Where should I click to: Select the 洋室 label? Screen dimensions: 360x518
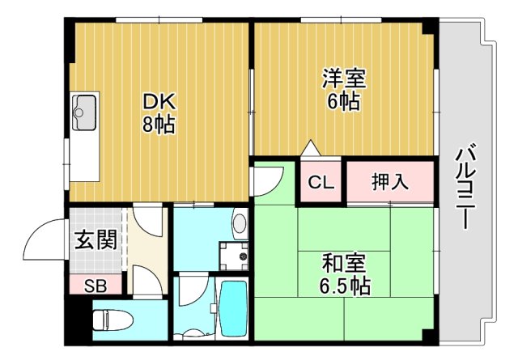click(x=344, y=79)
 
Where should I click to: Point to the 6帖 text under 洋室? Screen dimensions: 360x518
click(x=344, y=103)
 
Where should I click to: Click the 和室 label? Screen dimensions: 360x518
click(x=345, y=264)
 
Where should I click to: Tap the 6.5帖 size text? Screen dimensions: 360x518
click(x=345, y=286)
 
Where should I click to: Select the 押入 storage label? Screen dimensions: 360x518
click(x=390, y=182)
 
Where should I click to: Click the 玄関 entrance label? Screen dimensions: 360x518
click(x=96, y=241)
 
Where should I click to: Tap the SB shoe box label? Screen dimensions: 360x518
click(x=96, y=286)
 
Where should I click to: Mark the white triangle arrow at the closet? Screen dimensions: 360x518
click(x=310, y=150)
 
